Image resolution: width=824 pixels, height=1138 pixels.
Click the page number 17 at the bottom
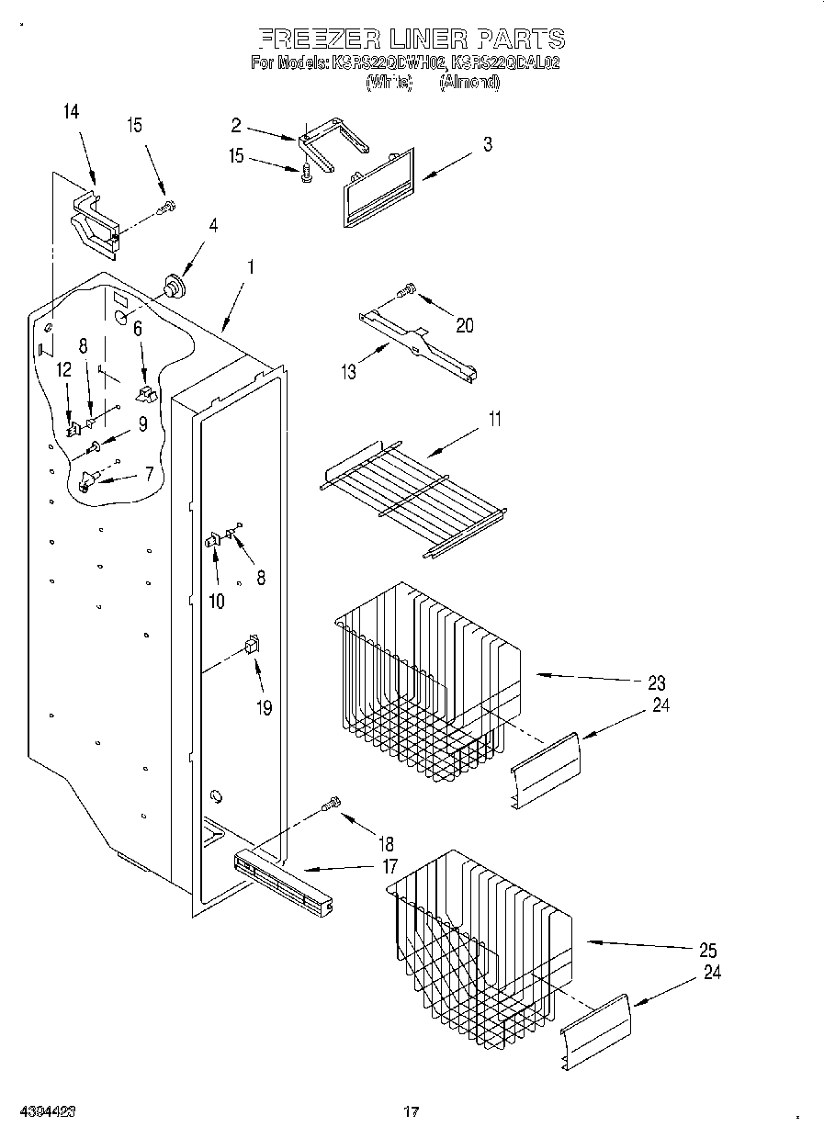click(x=412, y=1112)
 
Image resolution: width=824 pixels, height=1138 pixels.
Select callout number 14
click(x=71, y=112)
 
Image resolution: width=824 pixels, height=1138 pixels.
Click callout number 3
click(x=487, y=144)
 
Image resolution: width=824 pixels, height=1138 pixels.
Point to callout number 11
click(x=494, y=421)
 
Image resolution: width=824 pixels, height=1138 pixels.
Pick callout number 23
click(x=656, y=682)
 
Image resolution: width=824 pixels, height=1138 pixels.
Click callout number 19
click(x=264, y=708)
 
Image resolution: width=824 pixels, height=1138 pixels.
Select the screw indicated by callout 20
click(x=405, y=292)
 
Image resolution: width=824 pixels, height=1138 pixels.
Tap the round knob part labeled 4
click(x=170, y=286)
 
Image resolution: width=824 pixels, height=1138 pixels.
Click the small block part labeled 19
click(x=251, y=645)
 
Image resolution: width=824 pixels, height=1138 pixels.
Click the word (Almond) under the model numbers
click(x=468, y=82)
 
